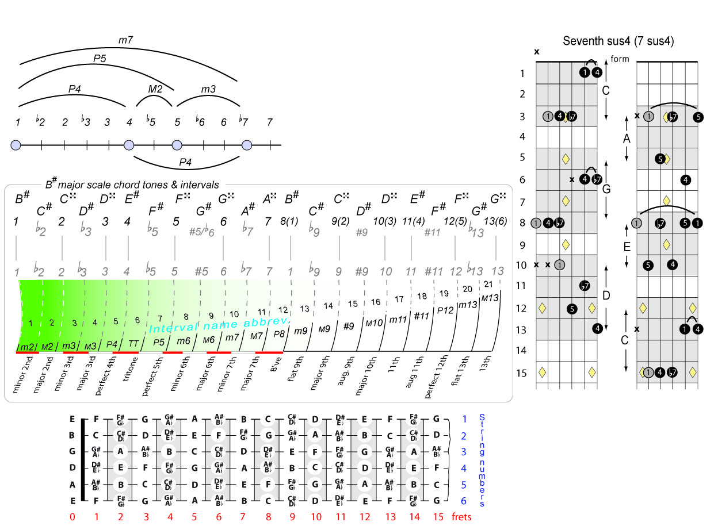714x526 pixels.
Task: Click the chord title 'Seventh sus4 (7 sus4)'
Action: (x=618, y=41)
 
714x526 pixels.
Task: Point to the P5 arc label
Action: (x=100, y=57)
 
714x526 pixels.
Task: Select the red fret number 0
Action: (x=72, y=517)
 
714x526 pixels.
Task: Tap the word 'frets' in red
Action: (x=462, y=517)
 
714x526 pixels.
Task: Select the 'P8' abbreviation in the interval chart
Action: (x=279, y=333)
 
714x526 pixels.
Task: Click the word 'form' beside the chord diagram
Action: (x=620, y=59)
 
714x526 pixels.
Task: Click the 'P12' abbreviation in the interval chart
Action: (x=446, y=310)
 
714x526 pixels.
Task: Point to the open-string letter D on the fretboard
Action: (x=72, y=468)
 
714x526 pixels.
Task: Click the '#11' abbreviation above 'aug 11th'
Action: (x=422, y=316)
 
